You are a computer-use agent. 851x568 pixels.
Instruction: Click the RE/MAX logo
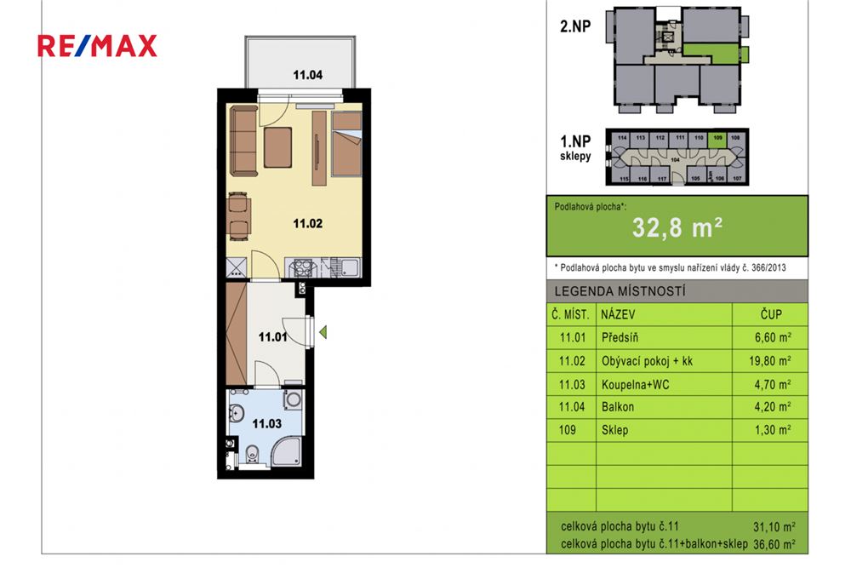97,46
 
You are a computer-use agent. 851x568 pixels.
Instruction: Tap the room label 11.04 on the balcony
307,75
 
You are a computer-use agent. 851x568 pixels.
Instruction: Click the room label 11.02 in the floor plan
307,224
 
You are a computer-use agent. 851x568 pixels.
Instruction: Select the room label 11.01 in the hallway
272,337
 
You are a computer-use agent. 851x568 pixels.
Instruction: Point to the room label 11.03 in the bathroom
266,423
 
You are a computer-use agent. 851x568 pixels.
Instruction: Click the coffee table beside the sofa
278,146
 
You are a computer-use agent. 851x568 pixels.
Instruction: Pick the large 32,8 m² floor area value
677,227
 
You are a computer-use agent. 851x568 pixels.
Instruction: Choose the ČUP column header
770,313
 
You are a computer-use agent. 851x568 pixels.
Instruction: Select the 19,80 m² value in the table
770,361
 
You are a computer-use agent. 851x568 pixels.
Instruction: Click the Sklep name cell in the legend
614,430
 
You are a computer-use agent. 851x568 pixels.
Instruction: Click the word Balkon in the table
617,407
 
